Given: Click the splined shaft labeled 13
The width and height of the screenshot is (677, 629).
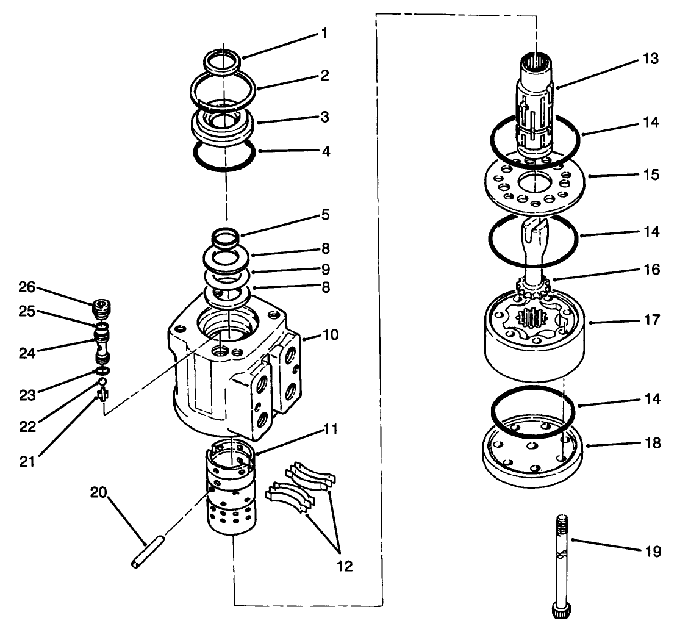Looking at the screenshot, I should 536,104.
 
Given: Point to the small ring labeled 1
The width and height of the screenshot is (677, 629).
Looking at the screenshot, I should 223,61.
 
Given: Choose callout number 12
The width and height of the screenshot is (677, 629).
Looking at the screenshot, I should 345,566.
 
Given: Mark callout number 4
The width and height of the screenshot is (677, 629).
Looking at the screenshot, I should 326,151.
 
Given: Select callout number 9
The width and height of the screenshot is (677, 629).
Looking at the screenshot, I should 326,268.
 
